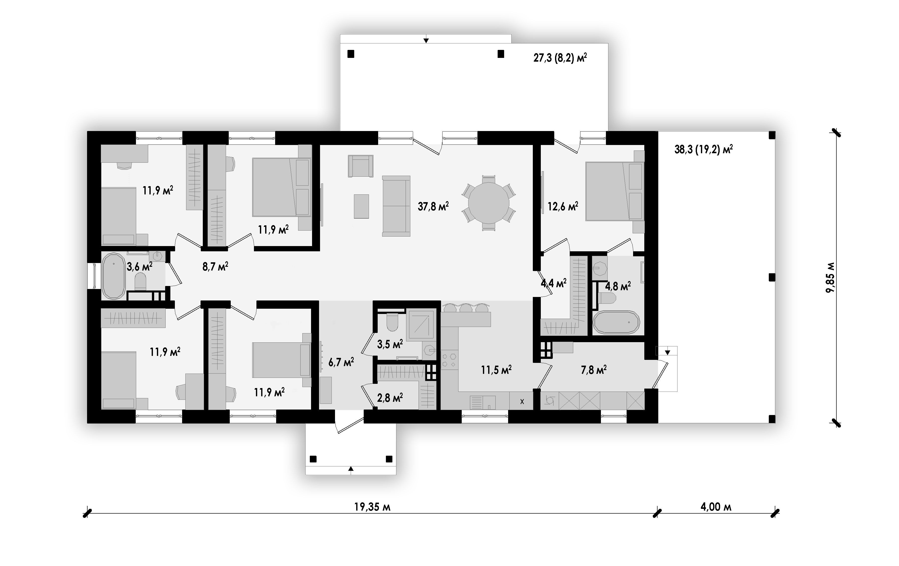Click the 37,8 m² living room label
click(x=433, y=206)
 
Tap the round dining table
click(x=489, y=203)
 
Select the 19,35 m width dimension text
click(x=372, y=507)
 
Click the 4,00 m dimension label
click(x=716, y=507)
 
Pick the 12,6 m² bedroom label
click(x=562, y=206)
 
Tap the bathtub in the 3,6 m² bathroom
click(x=113, y=276)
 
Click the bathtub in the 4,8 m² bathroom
click(x=616, y=322)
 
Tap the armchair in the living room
click(x=361, y=166)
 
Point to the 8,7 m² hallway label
click(x=215, y=266)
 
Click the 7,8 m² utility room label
click(x=594, y=370)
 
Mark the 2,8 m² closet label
click(x=390, y=398)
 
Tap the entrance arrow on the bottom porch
click(x=350, y=469)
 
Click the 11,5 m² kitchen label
click(x=496, y=370)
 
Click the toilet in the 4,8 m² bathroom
click(x=607, y=298)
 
